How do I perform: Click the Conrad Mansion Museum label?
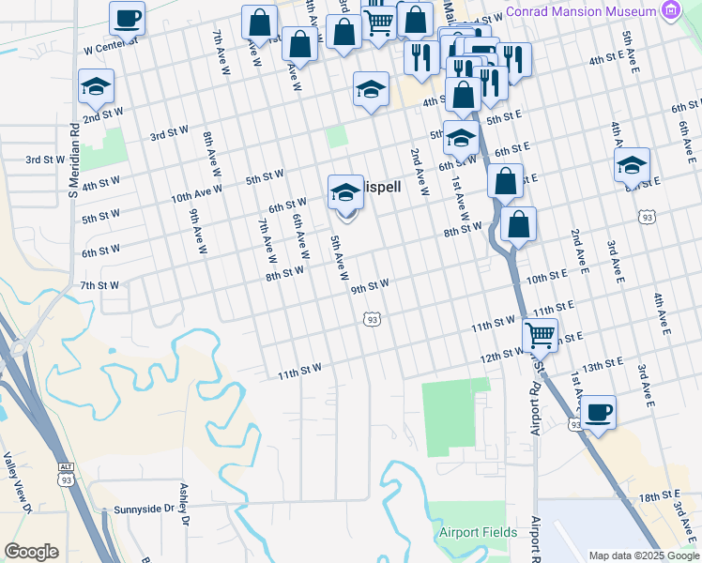[x=579, y=11]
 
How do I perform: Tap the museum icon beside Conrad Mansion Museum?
[x=670, y=11]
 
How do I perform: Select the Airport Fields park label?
[x=478, y=532]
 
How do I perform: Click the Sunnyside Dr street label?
[x=144, y=509]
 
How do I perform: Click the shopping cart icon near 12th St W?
[x=540, y=332]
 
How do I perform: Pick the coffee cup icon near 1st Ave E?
[x=597, y=411]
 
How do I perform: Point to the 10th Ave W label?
[x=196, y=193]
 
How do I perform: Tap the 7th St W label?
[x=99, y=284]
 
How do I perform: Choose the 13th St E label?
[x=603, y=363]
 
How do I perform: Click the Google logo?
[x=31, y=552]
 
